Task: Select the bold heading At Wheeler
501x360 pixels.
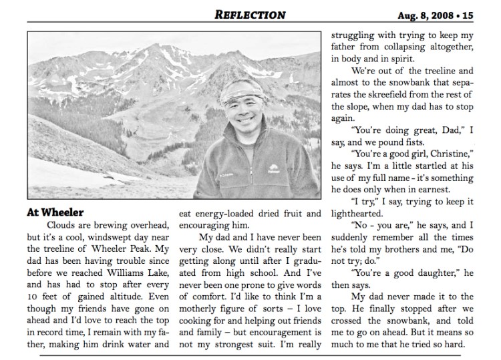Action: coord(54,212)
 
